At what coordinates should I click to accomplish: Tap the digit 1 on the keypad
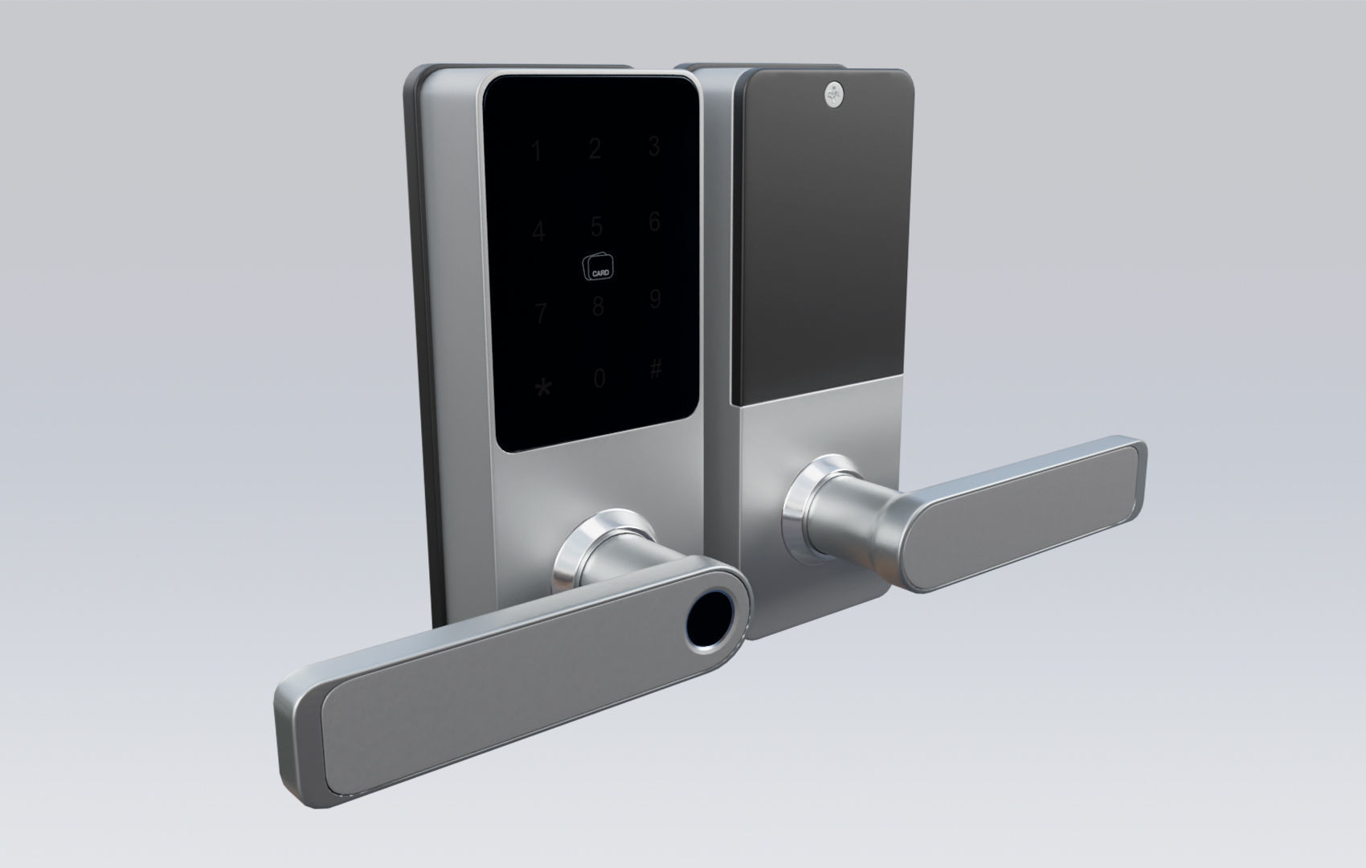(536, 151)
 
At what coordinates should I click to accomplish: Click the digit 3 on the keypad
(654, 146)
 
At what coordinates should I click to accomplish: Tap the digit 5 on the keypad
(596, 227)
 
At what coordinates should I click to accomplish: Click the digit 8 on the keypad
(598, 307)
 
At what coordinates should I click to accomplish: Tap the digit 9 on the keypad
(655, 300)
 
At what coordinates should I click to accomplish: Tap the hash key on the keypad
(656, 370)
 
